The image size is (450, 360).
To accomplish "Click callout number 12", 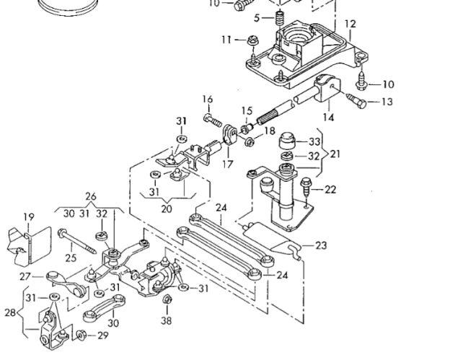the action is tap(350, 24).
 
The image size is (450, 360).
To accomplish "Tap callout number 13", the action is tap(387, 102).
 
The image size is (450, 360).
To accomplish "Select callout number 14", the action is tap(328, 117).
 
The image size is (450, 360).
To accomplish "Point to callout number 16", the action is tap(208, 100).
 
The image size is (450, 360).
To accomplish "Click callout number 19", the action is tap(29, 217).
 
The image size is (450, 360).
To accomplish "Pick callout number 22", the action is tap(330, 190).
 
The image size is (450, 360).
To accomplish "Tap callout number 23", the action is tap(321, 245).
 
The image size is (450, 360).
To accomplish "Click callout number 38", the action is tap(167, 320).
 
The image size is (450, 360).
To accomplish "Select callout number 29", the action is tap(103, 335).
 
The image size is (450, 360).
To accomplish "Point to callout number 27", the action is tap(25, 276).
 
